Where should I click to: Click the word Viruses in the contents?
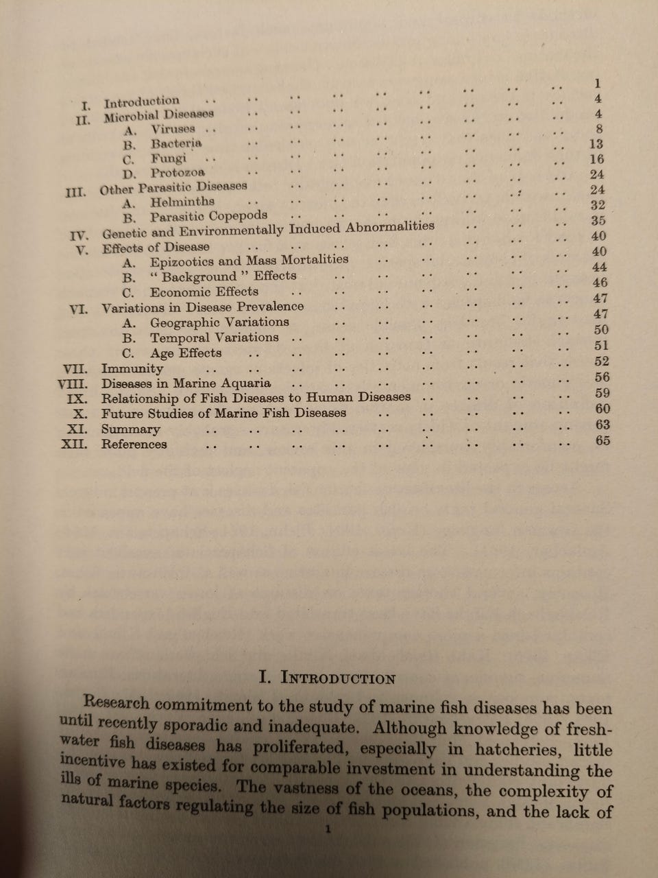(x=173, y=129)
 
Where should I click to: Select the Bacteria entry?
(x=176, y=143)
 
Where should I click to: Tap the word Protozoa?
(x=178, y=173)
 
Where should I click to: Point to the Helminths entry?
(x=182, y=202)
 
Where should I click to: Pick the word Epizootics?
(x=182, y=261)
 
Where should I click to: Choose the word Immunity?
(x=132, y=368)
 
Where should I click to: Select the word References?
(x=134, y=444)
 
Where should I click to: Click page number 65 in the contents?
(x=602, y=440)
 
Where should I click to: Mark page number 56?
(x=602, y=377)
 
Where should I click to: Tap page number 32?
(x=597, y=205)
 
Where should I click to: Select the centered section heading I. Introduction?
(x=328, y=679)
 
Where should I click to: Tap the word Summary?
(x=130, y=429)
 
